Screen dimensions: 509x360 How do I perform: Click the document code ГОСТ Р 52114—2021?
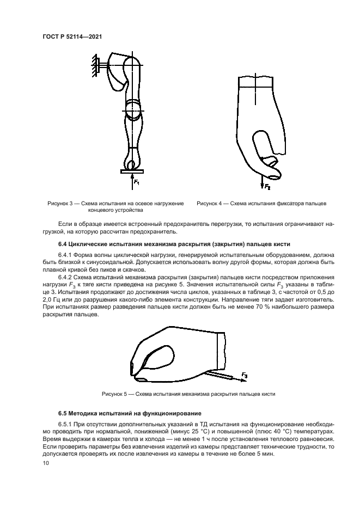tap(72, 36)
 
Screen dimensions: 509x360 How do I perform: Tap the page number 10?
tap(46, 463)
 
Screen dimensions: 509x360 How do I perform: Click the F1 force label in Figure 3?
tap(137, 182)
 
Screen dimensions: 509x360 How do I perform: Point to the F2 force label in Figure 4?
tap(267, 187)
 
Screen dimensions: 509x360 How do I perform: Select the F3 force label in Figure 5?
tap(245, 376)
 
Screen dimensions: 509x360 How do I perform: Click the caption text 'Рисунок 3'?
tap(62, 203)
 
